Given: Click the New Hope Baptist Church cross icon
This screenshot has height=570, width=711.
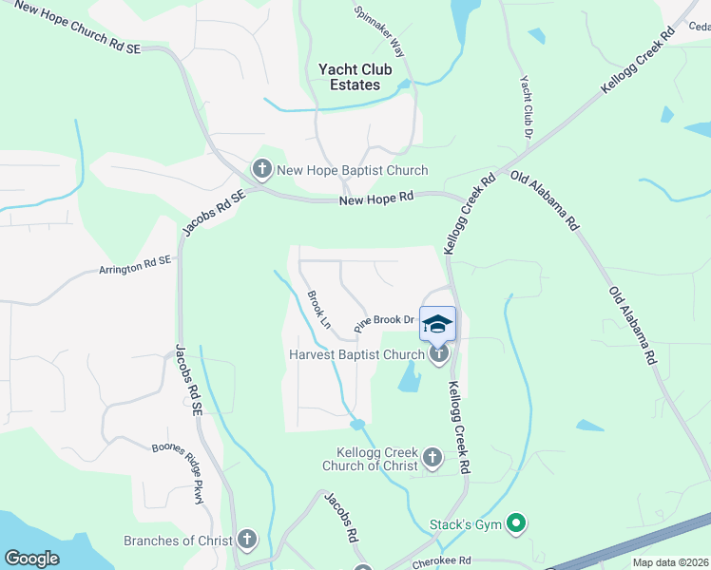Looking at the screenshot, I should (261, 170).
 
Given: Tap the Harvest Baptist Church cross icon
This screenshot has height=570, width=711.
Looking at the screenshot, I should (438, 355).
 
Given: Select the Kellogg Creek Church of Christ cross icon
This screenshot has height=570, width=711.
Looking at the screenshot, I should (432, 459).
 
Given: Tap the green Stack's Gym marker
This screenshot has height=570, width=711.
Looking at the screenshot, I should (516, 522).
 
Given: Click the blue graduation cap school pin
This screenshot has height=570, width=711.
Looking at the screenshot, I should (437, 325).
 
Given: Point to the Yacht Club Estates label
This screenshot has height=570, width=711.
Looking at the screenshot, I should (349, 77).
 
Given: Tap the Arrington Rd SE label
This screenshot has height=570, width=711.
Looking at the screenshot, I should (134, 265).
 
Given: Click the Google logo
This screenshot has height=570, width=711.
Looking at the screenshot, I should (31, 559).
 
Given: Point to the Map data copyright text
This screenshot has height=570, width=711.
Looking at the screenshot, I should (669, 562).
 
